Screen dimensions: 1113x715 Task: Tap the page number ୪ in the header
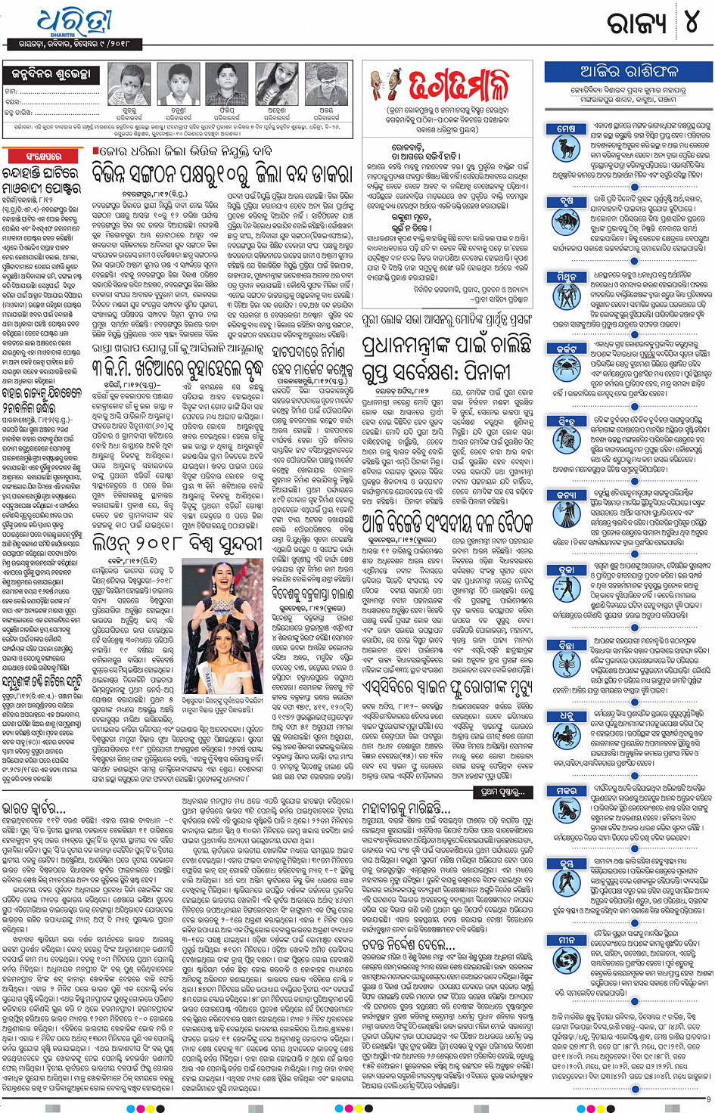click(691, 23)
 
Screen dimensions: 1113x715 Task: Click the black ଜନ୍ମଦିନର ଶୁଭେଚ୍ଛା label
click(51, 74)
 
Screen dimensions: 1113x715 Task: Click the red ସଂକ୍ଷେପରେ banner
click(44, 157)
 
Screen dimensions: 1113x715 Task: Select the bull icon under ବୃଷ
click(566, 221)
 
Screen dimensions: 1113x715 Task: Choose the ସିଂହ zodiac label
click(566, 421)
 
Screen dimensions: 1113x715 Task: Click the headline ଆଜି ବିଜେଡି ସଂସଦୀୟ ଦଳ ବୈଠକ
click(447, 522)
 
